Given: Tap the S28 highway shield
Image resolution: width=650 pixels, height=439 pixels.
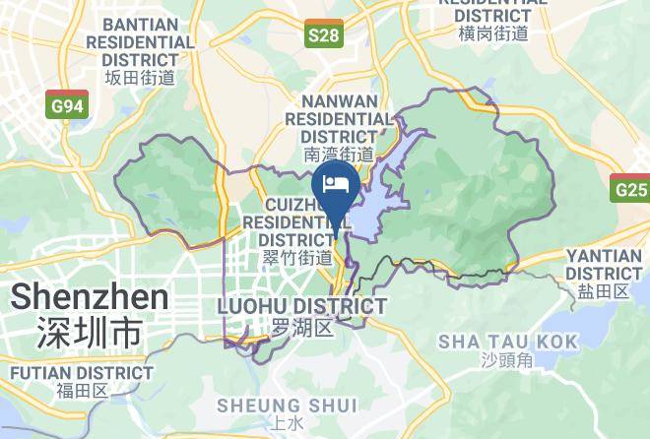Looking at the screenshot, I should pyautogui.click(x=323, y=36).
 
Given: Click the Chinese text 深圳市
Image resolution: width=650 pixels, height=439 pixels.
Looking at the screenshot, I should pyautogui.click(x=89, y=332).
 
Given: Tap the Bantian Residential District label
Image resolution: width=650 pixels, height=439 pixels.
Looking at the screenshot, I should pyautogui.click(x=140, y=41).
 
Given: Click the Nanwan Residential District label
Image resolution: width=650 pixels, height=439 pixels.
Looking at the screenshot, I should pyautogui.click(x=339, y=118).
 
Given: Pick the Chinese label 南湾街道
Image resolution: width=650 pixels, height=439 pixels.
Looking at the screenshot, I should pyautogui.click(x=339, y=155).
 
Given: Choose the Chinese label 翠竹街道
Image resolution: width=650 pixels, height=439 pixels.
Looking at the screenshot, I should pyautogui.click(x=297, y=258).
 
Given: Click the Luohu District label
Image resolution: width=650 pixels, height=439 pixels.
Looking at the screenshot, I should pyautogui.click(x=300, y=306).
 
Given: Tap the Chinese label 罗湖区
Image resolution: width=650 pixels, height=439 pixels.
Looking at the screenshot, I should pyautogui.click(x=301, y=327).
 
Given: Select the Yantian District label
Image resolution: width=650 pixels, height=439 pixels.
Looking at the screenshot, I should pyautogui.click(x=605, y=264).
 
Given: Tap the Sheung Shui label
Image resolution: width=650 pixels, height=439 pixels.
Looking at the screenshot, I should pyautogui.click(x=273, y=405).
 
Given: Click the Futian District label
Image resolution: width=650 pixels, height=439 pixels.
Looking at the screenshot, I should pyautogui.click(x=82, y=373).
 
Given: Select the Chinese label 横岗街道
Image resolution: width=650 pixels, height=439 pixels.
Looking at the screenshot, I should pyautogui.click(x=493, y=32).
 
